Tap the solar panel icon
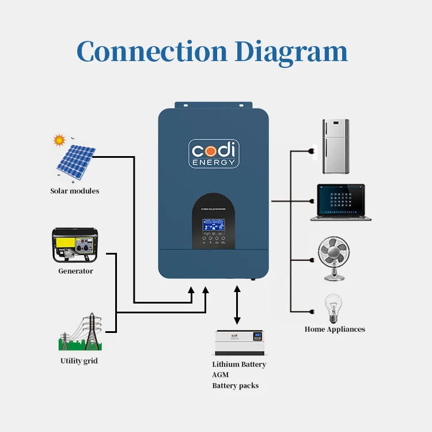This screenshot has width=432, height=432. click(x=75, y=161)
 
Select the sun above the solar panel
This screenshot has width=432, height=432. click(x=59, y=140)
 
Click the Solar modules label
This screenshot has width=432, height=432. click(x=74, y=191)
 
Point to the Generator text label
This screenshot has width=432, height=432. click(x=75, y=271)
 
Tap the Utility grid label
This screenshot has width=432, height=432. click(x=79, y=361)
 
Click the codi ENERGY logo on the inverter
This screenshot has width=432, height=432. click(x=214, y=153)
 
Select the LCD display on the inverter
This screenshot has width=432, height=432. click(x=213, y=224)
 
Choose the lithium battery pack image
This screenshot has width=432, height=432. click(x=238, y=343)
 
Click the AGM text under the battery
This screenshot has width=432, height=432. click(x=220, y=375)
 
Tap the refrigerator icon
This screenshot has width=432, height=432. click(x=335, y=147)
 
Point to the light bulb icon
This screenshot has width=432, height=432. click(x=333, y=309)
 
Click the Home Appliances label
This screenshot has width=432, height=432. click(x=335, y=329)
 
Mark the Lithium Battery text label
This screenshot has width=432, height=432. click(x=239, y=365)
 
